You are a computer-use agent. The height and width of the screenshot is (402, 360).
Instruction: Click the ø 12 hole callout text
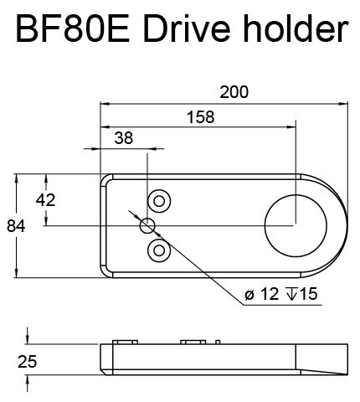[x=260, y=295]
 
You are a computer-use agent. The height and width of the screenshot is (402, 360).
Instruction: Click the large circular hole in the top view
[x=295, y=224]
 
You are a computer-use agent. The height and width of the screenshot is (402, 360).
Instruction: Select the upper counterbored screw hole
[x=157, y=199]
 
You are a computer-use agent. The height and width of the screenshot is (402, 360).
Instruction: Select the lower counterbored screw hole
[x=157, y=250]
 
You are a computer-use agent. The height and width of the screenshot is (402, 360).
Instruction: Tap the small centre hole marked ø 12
[x=148, y=224]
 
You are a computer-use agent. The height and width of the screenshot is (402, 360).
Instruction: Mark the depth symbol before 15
[x=292, y=295]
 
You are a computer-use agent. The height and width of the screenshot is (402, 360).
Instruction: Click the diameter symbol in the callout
[x=249, y=296]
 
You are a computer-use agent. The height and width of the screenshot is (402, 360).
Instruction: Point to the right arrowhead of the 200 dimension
[x=344, y=104]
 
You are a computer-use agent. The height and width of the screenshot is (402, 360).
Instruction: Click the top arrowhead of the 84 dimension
[x=18, y=178]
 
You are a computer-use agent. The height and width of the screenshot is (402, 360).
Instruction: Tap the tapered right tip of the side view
[x=339, y=369]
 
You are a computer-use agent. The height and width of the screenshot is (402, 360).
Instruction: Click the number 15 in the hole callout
[x=309, y=295]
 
